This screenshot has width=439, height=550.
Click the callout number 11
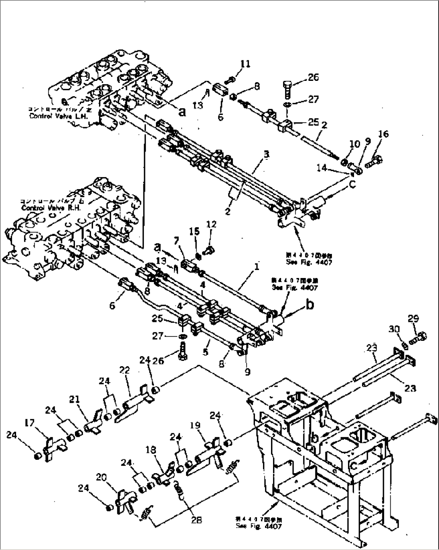[x=246, y=64]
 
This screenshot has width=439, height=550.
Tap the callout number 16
[x=383, y=134]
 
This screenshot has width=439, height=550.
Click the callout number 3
[x=266, y=154]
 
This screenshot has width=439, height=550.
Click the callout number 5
[x=206, y=352]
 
